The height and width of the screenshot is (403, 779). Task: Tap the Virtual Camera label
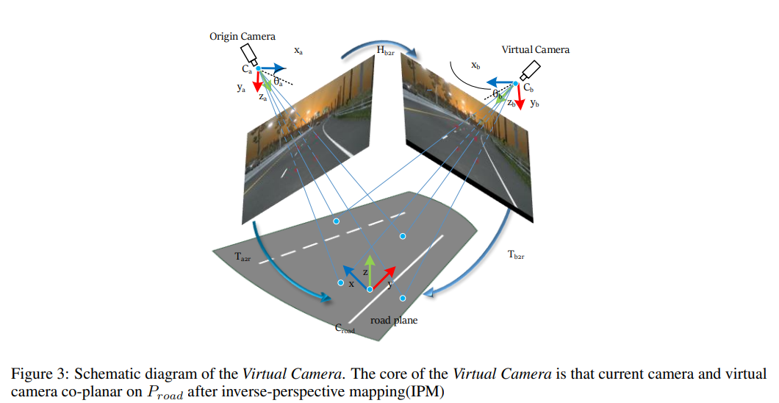[535, 50]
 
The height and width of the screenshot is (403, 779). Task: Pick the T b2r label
[517, 255]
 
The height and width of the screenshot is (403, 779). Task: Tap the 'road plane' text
[393, 321]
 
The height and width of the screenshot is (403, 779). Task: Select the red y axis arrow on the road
[384, 277]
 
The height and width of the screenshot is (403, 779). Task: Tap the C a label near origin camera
[247, 70]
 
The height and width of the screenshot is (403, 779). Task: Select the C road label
[345, 329]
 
